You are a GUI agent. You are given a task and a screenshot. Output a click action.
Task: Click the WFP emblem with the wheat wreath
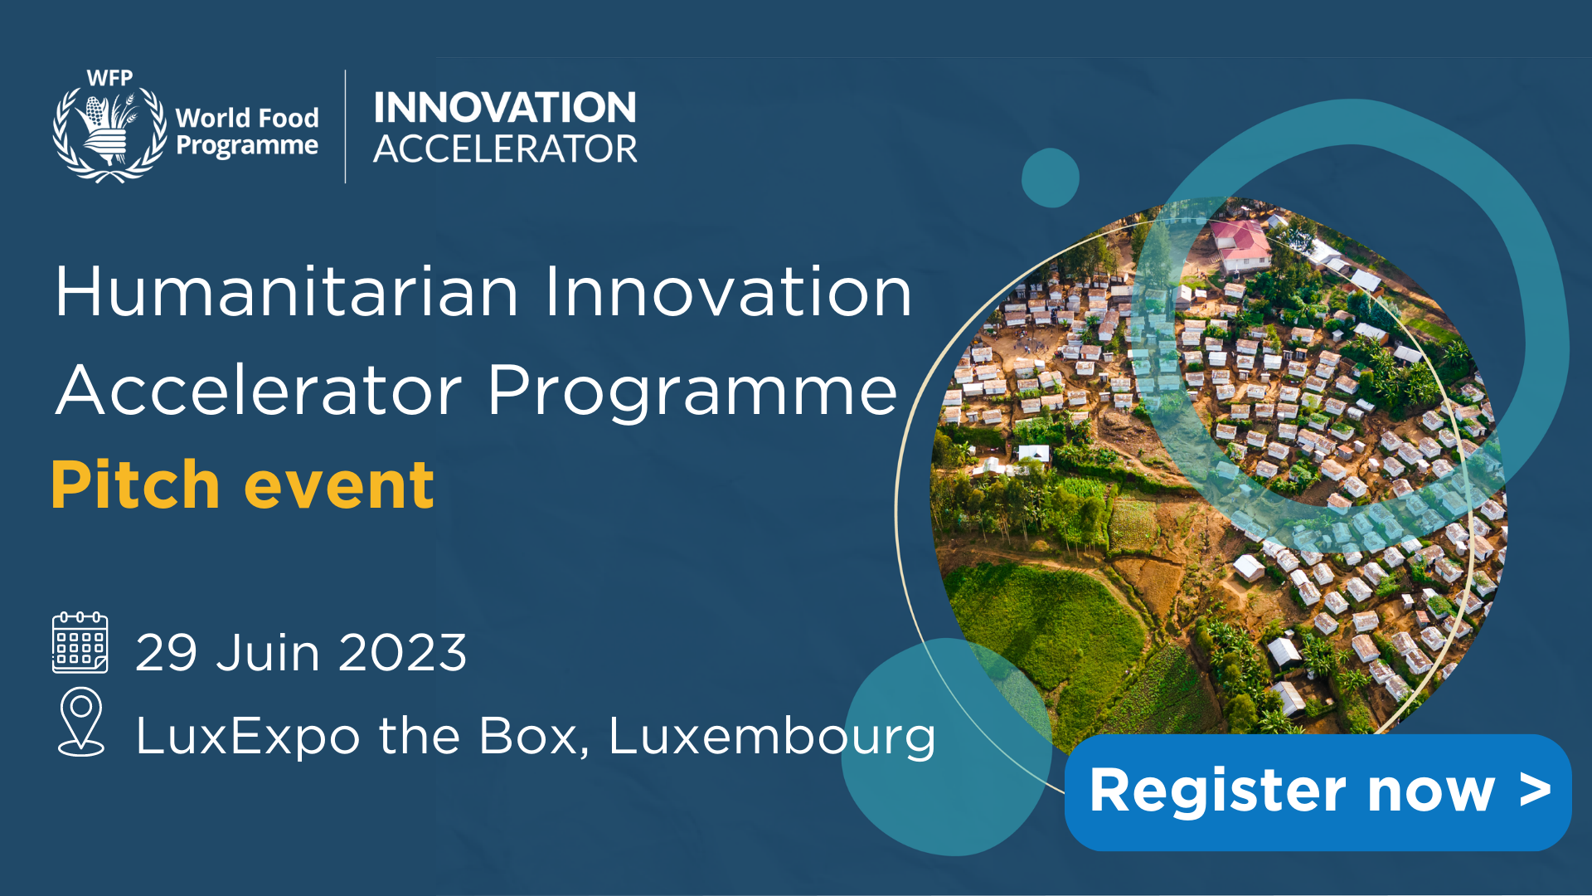[109, 129]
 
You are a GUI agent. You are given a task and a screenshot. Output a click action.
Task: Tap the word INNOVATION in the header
[504, 108]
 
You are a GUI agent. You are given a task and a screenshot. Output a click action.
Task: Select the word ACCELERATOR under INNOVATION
[504, 150]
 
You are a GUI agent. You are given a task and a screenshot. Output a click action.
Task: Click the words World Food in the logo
[246, 118]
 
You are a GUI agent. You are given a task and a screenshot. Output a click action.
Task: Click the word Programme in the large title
[692, 392]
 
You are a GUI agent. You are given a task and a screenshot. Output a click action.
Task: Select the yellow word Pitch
[135, 485]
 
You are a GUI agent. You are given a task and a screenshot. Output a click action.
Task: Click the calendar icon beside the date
[80, 643]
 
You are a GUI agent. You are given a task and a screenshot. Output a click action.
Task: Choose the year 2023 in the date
[402, 653]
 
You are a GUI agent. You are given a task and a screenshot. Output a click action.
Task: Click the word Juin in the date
[267, 653]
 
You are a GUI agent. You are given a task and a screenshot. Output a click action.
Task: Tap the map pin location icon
[81, 722]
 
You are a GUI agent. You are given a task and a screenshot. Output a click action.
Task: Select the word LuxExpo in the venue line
[247, 737]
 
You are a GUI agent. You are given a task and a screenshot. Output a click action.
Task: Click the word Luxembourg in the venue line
[771, 737]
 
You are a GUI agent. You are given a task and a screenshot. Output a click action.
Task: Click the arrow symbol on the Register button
[1535, 791]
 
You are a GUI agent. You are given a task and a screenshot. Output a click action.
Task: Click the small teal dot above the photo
[1050, 178]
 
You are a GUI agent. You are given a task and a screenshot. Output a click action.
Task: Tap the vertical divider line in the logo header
[345, 126]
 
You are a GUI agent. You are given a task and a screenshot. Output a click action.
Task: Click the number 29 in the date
[166, 653]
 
